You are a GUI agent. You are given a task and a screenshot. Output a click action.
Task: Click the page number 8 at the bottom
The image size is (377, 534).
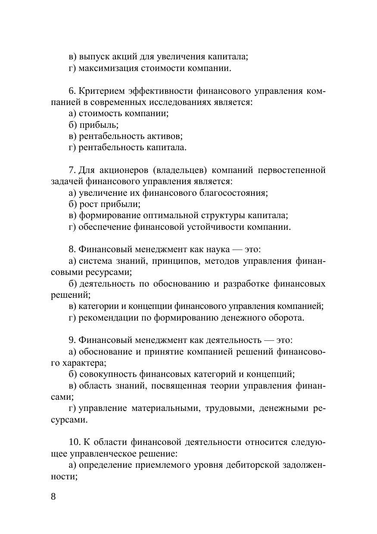(53, 496)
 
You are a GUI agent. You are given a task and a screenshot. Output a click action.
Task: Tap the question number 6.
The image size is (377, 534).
(72, 91)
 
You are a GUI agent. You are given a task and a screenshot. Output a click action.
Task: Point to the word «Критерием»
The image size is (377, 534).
(100, 91)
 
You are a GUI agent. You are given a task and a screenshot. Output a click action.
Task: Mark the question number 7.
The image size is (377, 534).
(72, 170)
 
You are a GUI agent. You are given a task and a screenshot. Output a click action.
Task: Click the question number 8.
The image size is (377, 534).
(72, 249)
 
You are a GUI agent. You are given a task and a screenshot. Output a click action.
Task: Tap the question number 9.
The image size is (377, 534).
(72, 340)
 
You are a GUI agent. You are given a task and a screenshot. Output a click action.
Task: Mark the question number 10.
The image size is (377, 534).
(74, 442)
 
